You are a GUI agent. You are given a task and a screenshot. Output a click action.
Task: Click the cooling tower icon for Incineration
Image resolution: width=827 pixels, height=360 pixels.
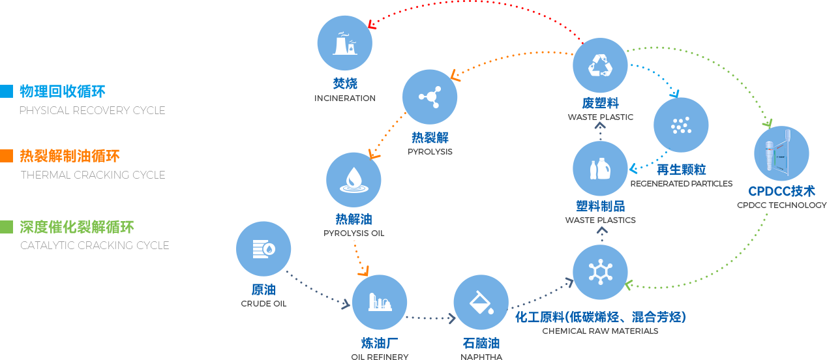344,42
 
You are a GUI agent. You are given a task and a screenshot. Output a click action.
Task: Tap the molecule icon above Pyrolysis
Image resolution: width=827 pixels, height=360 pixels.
429,97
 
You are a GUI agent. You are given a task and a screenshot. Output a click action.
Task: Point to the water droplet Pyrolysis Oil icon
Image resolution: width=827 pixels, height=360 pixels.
353,179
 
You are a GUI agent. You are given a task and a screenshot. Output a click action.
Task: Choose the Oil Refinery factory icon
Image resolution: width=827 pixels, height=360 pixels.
380,302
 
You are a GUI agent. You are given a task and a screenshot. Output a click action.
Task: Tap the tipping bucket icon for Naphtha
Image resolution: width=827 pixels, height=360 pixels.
481,302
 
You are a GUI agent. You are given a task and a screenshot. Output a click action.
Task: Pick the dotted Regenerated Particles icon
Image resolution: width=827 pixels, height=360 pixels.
681,125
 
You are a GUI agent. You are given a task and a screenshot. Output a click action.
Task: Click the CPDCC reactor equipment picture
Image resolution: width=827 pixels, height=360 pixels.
781,154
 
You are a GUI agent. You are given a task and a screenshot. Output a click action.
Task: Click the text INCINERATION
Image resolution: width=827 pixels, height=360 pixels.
344,98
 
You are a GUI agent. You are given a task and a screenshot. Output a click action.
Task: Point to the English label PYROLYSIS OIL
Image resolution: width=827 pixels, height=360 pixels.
353,233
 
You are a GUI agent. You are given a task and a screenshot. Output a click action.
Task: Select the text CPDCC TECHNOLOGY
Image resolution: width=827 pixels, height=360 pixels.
781,205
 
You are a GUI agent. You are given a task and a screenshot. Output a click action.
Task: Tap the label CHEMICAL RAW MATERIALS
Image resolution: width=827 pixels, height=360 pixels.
599,331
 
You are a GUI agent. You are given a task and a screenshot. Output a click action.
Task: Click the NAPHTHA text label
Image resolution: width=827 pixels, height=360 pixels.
481,357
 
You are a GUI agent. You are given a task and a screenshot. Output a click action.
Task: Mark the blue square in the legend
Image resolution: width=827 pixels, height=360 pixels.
7,91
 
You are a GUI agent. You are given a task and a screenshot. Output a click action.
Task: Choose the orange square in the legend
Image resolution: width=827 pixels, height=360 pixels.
7,155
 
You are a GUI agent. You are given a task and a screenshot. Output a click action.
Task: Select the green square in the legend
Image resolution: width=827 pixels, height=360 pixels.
7,226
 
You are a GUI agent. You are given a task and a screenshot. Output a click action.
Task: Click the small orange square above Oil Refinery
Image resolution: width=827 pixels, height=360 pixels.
363,271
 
